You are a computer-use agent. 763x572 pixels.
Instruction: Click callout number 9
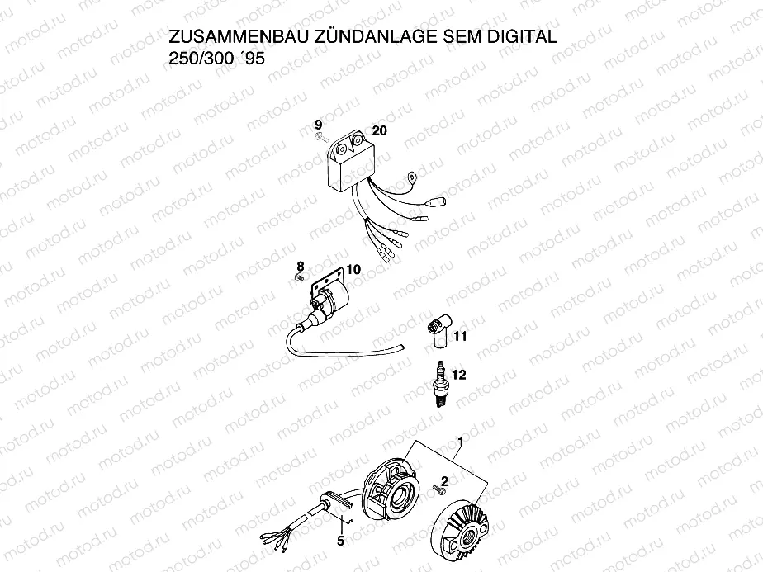(318, 125)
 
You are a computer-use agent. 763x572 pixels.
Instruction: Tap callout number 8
(301, 265)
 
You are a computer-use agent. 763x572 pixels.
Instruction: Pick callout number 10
(353, 269)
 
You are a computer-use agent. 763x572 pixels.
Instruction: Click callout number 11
(460, 336)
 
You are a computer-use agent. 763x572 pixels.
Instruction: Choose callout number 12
(459, 375)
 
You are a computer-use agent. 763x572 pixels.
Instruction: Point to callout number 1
(459, 442)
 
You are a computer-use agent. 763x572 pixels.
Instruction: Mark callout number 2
(446, 480)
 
